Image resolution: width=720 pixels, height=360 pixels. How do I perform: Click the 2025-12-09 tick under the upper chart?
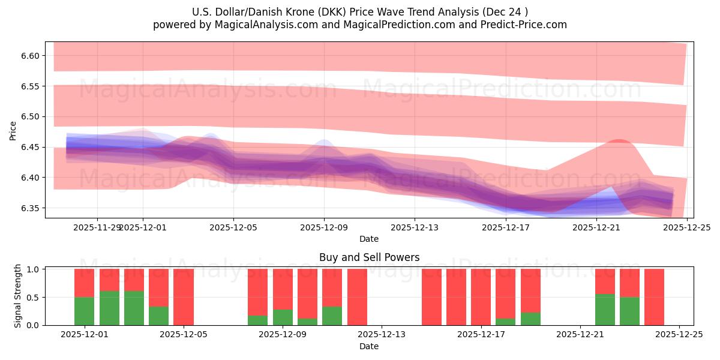point(324,227)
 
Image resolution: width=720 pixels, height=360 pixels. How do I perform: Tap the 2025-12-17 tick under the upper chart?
point(505,227)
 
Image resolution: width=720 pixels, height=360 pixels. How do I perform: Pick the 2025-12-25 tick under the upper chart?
point(686,227)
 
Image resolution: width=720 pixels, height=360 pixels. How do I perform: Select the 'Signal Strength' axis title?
point(18,296)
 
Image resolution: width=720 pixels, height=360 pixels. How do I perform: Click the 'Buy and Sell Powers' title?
point(369,257)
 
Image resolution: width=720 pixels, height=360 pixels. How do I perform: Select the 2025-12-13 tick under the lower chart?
point(382,335)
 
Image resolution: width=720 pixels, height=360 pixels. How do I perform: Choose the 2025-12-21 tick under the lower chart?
point(580,335)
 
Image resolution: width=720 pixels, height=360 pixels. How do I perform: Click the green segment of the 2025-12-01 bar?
point(84,311)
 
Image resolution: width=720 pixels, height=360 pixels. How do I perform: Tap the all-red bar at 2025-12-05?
point(184,297)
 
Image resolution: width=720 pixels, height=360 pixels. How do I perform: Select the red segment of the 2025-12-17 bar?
point(481,297)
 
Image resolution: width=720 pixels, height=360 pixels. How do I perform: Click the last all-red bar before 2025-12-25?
point(654,297)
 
